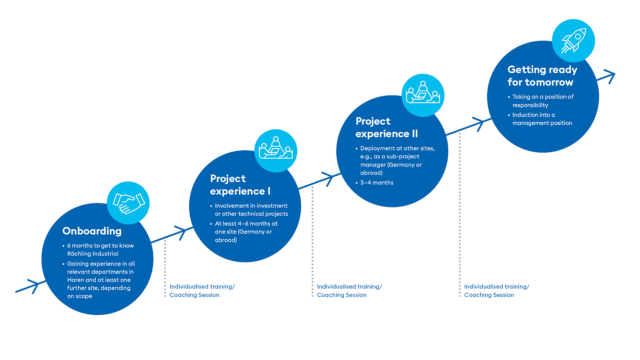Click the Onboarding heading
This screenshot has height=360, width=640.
coord(92,231)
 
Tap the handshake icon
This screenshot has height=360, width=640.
coord(129,203)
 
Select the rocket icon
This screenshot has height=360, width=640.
coord(573,41)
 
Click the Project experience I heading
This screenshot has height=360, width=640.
coord(240,185)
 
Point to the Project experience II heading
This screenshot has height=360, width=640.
coord(387,127)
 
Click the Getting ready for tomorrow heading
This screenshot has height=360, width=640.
coord(542,76)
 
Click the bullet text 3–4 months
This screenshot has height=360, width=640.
coord(377,183)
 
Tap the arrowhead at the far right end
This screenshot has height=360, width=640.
coord(609,76)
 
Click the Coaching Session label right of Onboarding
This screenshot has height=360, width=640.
coord(194,295)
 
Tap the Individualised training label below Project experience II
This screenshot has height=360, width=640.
coord(349,287)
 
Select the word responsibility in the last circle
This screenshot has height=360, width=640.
coord(530,105)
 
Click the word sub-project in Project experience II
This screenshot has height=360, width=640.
coord(403,157)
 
